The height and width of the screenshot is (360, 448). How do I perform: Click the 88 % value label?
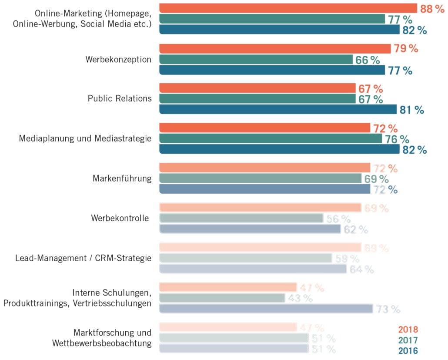click(x=432, y=8)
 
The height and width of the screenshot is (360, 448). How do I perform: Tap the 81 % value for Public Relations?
click(x=411, y=110)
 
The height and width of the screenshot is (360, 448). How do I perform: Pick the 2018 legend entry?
click(x=408, y=330)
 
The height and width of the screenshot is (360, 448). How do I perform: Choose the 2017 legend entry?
click(x=408, y=340)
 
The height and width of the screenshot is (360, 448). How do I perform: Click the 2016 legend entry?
click(x=408, y=351)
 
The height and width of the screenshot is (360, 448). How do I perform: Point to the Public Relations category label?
click(x=120, y=98)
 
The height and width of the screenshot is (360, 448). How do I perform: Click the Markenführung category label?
click(x=122, y=178)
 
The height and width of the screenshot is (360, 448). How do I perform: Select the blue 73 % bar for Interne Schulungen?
click(x=266, y=309)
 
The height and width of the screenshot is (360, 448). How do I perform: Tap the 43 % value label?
click(x=300, y=299)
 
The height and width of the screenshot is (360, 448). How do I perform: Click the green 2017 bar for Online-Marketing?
click(x=272, y=19)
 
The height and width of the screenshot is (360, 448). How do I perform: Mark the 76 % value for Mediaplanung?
click(x=397, y=139)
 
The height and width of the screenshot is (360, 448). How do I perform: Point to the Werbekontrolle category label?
click(x=120, y=218)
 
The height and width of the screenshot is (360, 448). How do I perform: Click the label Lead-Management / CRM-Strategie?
click(x=83, y=258)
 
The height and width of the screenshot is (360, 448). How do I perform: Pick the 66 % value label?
click(x=368, y=60)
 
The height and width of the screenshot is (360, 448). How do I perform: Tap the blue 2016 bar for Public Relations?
click(x=278, y=110)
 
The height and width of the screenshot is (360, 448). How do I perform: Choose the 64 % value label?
click(x=361, y=269)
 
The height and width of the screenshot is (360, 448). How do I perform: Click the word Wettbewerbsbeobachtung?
click(x=102, y=343)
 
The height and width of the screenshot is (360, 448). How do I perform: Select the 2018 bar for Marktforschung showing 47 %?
click(x=228, y=327)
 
